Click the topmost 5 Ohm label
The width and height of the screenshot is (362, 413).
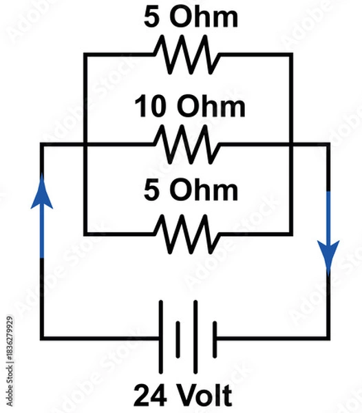pos(191,17)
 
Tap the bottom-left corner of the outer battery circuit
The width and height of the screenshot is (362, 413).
pos(43,337)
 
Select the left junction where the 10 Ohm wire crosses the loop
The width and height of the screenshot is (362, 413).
pos(84,145)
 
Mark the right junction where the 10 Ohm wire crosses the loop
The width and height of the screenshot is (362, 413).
pos(291,145)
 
